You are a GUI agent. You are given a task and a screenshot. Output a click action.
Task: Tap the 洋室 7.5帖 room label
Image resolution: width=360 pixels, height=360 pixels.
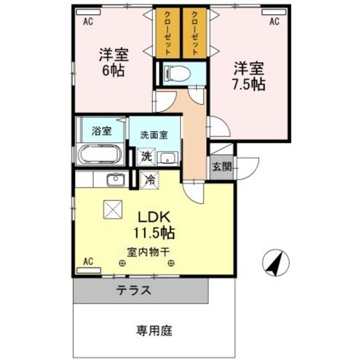(249, 75)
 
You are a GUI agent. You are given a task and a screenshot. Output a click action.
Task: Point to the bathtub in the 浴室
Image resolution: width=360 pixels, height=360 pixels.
(100, 155)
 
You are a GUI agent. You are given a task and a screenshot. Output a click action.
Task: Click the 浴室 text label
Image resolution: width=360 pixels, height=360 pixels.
(101, 131)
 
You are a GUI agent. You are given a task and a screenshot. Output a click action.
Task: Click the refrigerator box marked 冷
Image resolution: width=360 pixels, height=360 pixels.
(148, 181)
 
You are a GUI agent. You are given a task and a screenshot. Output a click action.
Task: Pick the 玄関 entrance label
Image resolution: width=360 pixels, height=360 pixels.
(221, 166)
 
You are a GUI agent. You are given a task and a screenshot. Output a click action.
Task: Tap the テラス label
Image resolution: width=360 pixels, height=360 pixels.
(134, 290)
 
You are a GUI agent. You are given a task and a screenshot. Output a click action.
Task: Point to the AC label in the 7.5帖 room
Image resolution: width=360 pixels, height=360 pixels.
(274, 22)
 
